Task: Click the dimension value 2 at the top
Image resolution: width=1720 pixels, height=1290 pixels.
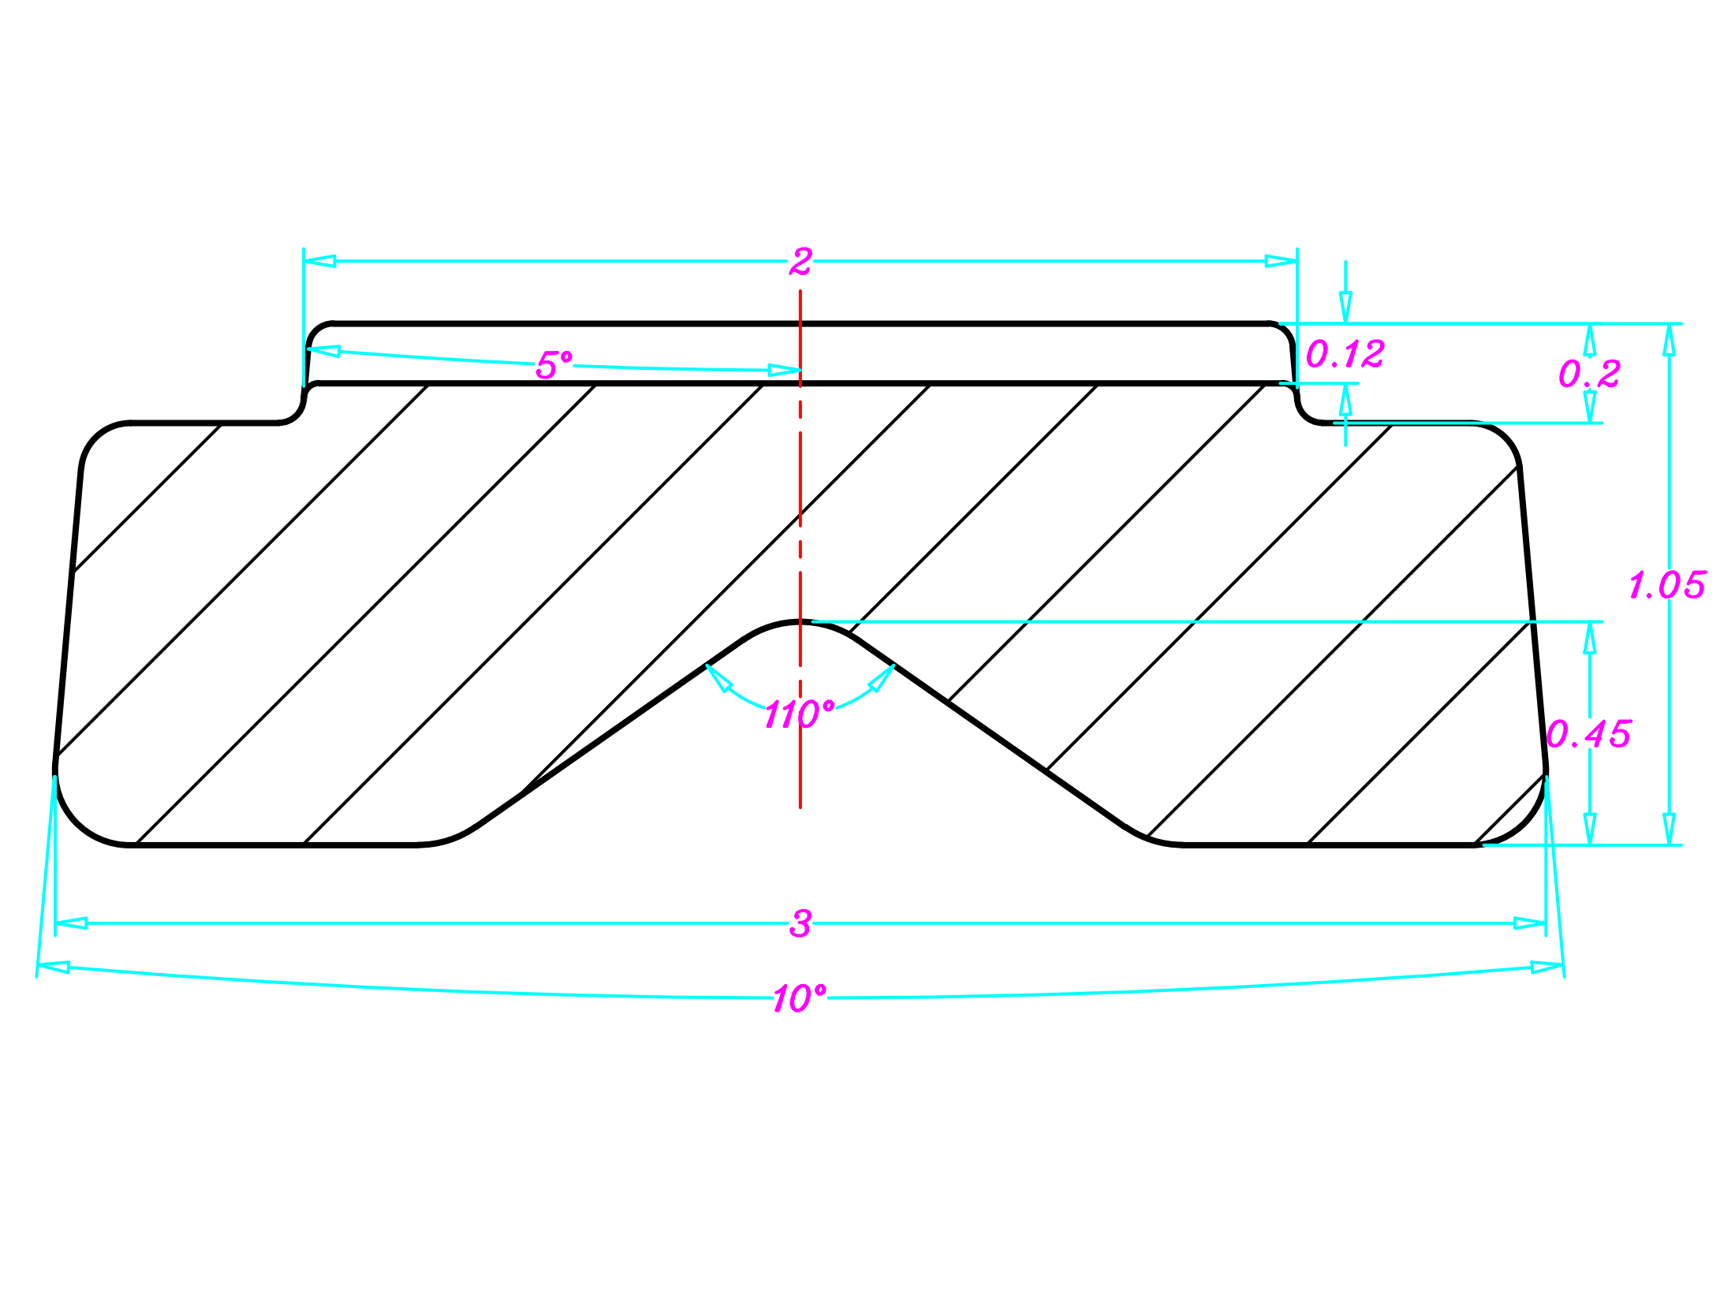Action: [800, 262]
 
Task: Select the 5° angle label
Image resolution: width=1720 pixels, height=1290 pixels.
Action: [554, 365]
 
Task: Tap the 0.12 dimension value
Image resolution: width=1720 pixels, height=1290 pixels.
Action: [1345, 354]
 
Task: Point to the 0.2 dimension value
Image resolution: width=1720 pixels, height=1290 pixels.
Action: [1589, 374]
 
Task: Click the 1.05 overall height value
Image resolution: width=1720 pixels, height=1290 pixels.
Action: [1666, 586]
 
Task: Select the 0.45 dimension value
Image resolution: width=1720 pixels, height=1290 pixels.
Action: [1588, 735]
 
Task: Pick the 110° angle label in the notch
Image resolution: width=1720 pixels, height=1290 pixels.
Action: [799, 714]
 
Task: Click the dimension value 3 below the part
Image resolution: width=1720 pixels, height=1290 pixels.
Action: [800, 923]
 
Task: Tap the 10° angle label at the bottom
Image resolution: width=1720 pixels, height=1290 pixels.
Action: [799, 999]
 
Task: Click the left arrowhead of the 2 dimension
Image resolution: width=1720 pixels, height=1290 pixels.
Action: [319, 261]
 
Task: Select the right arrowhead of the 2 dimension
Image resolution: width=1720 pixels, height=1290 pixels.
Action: [1282, 261]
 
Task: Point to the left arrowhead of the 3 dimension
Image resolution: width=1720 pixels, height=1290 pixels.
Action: [71, 923]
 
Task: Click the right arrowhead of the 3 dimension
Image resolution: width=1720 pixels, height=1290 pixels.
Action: [1530, 923]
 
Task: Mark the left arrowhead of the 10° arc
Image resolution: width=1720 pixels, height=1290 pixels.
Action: [54, 967]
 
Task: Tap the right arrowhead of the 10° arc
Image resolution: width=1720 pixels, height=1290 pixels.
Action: [1547, 967]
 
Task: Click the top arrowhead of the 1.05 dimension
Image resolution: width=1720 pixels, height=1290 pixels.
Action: [1669, 339]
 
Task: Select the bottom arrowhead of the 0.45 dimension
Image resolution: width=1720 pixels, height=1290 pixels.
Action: [1590, 829]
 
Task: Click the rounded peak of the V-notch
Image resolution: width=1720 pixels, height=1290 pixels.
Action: [800, 623]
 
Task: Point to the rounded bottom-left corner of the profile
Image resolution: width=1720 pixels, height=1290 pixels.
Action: [79, 820]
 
